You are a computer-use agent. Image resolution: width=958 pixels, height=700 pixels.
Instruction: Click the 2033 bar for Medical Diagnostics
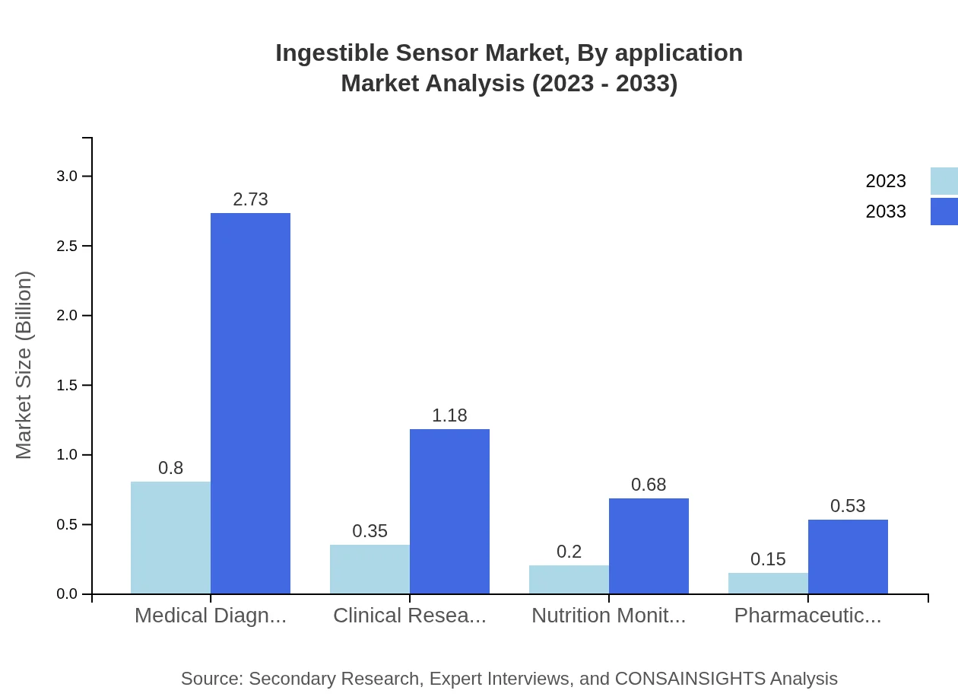click(250, 403)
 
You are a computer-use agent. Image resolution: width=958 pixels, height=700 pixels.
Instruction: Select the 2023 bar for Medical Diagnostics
click(170, 537)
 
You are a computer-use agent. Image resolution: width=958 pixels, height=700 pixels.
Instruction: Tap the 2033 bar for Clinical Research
click(449, 511)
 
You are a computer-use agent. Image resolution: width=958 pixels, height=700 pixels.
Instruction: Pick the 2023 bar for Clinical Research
click(370, 569)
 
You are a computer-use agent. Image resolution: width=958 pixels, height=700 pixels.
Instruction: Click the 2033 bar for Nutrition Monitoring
click(649, 546)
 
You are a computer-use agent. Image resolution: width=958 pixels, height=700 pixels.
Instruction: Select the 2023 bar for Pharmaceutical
click(768, 583)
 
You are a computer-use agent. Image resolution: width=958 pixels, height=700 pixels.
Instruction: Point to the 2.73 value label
click(250, 199)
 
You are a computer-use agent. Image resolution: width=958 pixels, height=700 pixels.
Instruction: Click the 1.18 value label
click(449, 415)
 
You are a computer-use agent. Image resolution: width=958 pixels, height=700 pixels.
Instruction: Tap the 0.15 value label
click(768, 559)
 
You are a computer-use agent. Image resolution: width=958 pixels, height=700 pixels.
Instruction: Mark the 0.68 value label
click(649, 485)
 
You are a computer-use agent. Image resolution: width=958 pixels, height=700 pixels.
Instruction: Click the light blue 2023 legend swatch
click(944, 181)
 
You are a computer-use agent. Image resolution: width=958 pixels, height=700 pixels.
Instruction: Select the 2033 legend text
click(885, 212)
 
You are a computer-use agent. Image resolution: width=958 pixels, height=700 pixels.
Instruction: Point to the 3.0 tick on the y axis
click(68, 177)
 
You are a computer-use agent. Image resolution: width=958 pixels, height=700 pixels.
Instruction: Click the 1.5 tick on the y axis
click(68, 386)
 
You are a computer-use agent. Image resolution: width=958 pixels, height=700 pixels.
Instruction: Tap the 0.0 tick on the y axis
click(68, 594)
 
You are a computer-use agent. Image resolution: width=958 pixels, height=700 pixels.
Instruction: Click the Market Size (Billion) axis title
click(24, 365)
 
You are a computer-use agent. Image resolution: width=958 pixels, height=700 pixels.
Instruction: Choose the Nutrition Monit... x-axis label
click(608, 616)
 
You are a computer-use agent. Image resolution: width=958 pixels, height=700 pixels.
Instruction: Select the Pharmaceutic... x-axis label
click(807, 616)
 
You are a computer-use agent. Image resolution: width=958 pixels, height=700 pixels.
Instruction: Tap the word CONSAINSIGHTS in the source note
click(690, 679)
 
